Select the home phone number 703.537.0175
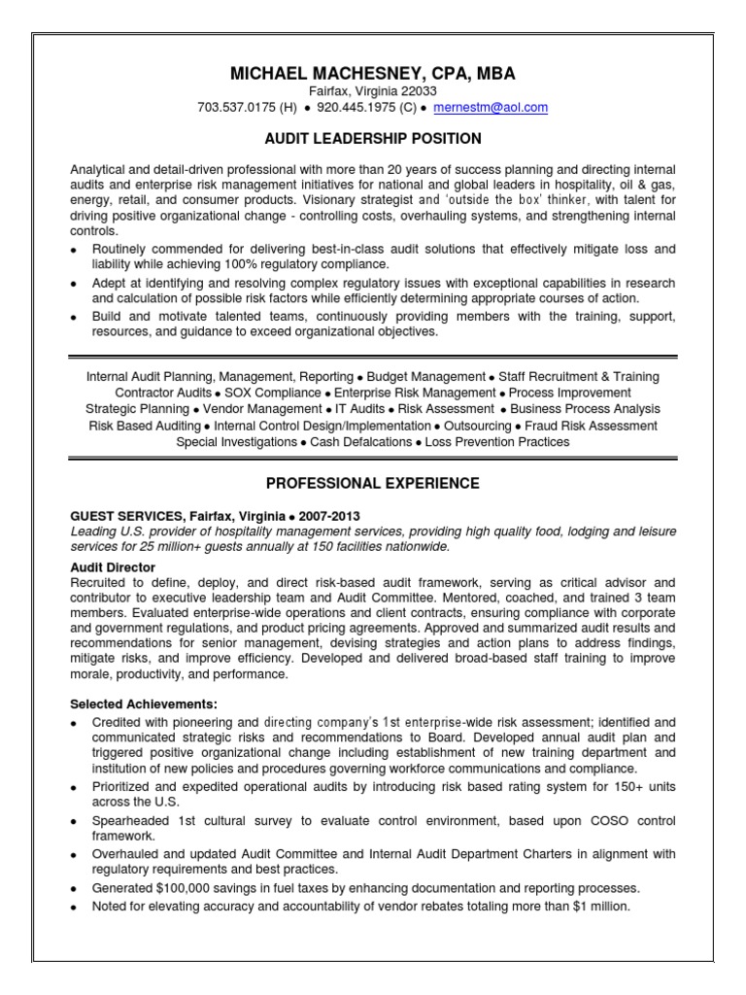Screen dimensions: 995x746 (236, 108)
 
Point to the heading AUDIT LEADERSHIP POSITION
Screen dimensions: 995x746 (373, 139)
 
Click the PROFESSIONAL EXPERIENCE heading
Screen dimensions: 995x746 (373, 482)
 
